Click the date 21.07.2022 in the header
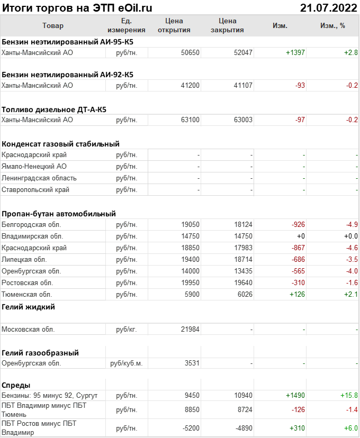click(x=329, y=7)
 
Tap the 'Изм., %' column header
click(x=332, y=25)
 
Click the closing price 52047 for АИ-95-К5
click(x=243, y=53)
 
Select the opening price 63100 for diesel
click(x=190, y=120)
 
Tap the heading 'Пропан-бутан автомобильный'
click(x=59, y=214)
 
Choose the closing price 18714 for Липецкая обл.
click(x=243, y=259)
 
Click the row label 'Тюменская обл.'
click(x=27, y=294)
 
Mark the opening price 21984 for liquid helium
click(x=190, y=329)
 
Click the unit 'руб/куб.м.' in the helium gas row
click(x=126, y=363)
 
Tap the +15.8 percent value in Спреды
click(x=349, y=395)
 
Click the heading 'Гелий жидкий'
click(x=28, y=307)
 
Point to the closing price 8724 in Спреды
click(x=243, y=409)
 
